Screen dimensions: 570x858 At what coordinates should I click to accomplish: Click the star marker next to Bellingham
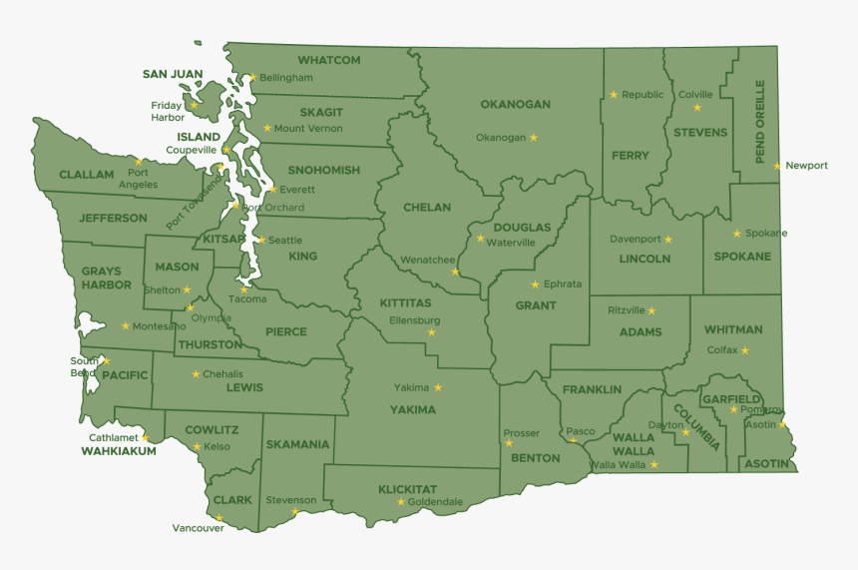(252, 77)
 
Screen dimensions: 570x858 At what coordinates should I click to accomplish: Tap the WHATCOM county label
(328, 60)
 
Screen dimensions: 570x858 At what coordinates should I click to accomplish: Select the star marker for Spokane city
(737, 234)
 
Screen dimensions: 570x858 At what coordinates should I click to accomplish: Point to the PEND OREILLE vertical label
(760, 122)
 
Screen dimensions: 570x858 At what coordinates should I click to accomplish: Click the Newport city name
(806, 166)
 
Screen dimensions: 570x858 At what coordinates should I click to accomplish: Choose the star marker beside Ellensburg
(431, 332)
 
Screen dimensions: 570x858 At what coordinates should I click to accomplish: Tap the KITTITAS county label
(405, 302)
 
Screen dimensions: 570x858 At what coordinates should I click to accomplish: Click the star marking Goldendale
(401, 502)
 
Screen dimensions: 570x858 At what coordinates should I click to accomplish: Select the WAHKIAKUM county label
(119, 451)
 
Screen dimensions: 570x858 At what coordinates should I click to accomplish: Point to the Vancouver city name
(198, 528)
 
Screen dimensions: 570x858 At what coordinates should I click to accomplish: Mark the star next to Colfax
(744, 350)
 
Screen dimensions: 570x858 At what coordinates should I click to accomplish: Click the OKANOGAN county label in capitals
(515, 104)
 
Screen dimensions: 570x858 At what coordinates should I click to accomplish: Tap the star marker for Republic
(614, 95)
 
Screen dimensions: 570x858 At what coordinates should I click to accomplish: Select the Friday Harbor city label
(168, 111)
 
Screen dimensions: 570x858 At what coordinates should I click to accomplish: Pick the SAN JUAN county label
(173, 74)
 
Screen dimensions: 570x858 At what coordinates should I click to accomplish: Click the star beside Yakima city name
(437, 387)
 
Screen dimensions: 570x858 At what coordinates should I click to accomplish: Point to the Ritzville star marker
(651, 310)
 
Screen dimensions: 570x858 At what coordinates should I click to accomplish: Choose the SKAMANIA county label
(297, 444)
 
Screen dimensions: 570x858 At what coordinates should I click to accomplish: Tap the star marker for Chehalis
(196, 374)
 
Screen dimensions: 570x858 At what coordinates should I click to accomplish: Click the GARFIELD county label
(730, 398)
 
